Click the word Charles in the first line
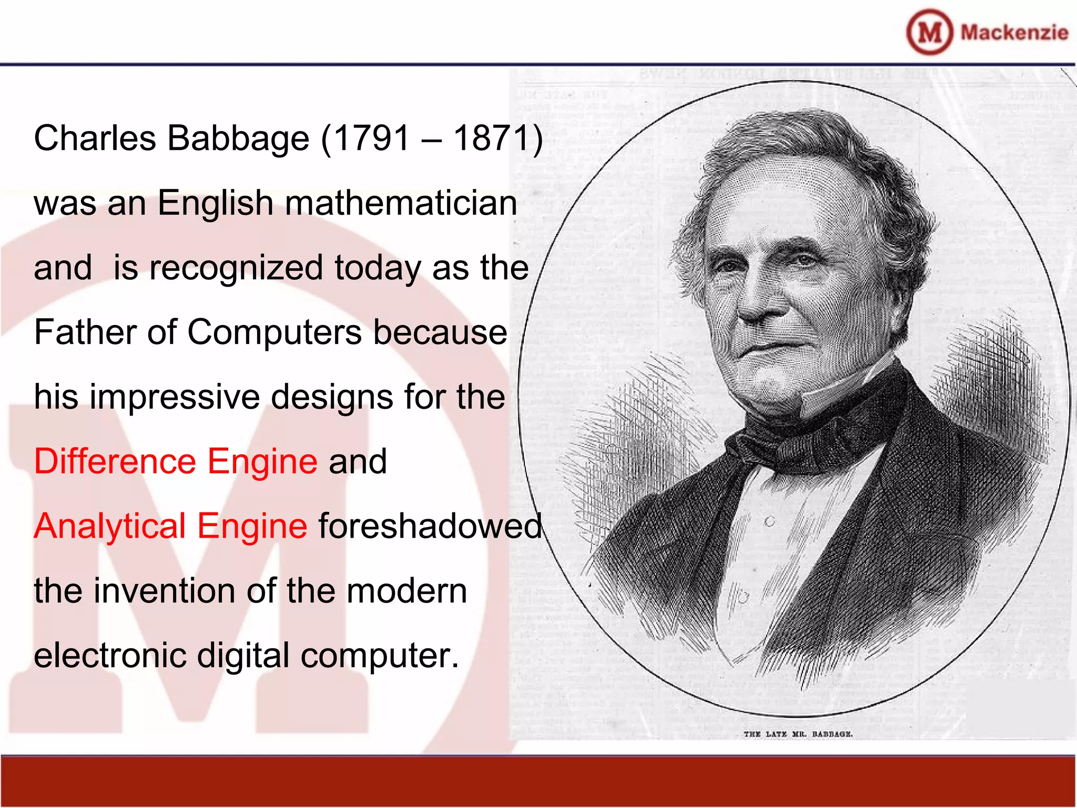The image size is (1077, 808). pyautogui.click(x=95, y=138)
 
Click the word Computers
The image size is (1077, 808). pyautogui.click(x=274, y=332)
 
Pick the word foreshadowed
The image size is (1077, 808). pyautogui.click(x=430, y=526)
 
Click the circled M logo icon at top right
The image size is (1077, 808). pyautogui.click(x=929, y=32)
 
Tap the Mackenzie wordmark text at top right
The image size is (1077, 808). pyautogui.click(x=1014, y=32)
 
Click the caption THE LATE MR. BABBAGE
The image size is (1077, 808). pyautogui.click(x=798, y=734)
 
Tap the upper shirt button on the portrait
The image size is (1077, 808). pyautogui.click(x=769, y=522)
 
